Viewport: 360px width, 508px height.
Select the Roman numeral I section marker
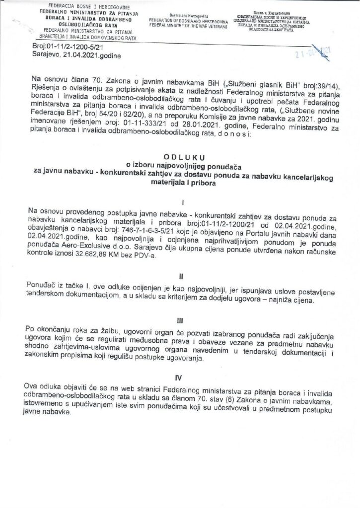[183, 203]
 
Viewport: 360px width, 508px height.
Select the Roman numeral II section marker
[183, 274]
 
